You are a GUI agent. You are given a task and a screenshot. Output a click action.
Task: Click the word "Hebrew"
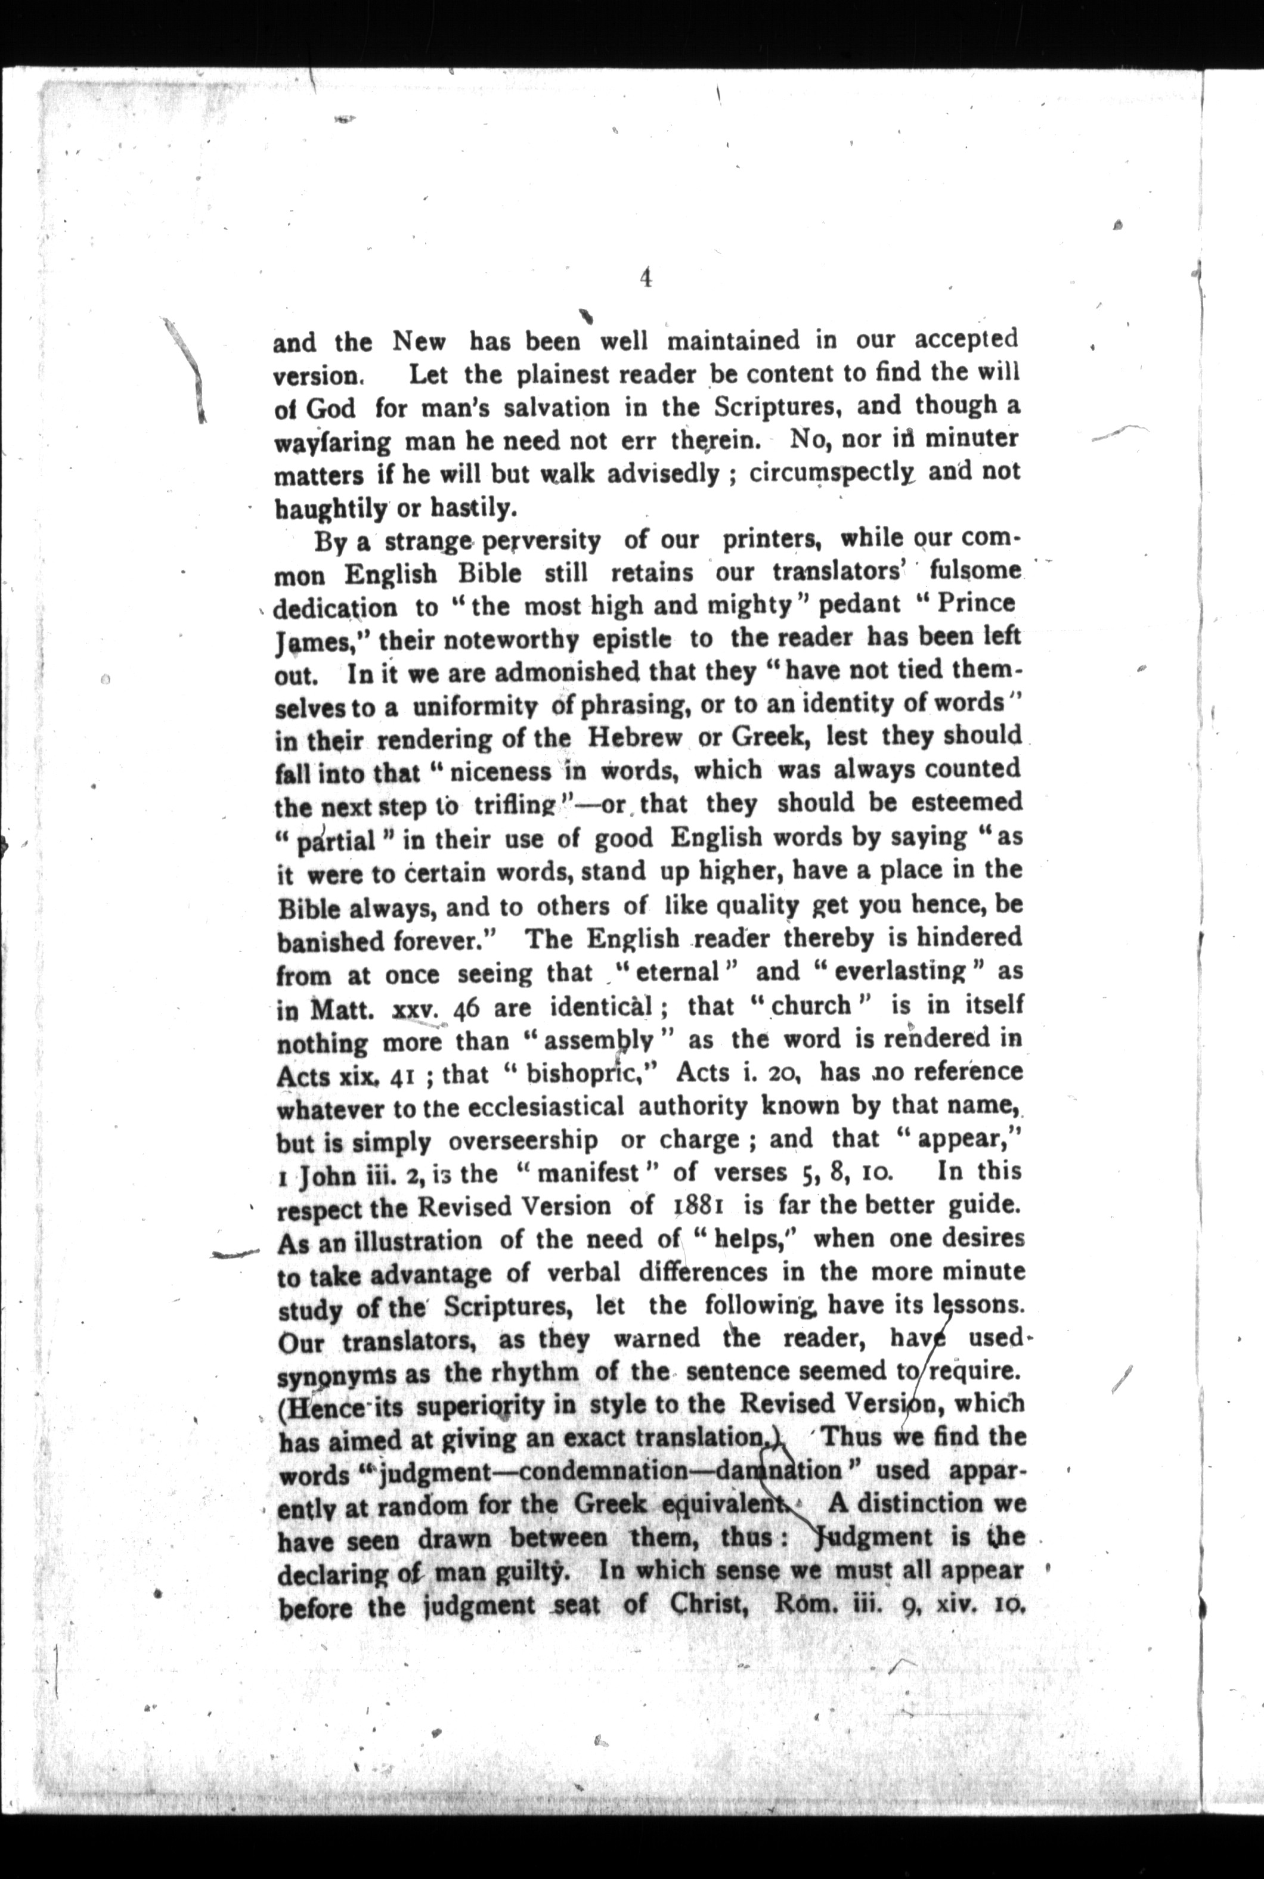point(636,737)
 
